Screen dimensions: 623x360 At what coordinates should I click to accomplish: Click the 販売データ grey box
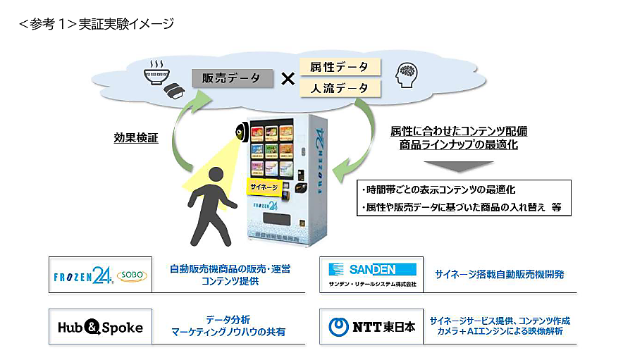[233, 78]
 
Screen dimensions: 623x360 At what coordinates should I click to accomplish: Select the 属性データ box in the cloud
[340, 67]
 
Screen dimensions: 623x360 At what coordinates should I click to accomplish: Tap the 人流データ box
[340, 88]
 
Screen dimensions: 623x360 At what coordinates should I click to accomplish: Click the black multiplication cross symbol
[288, 79]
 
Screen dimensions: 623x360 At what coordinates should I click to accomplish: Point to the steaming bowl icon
[156, 73]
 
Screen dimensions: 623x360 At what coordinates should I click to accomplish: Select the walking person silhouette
[211, 206]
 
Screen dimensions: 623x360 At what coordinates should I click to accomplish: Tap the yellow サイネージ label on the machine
[264, 187]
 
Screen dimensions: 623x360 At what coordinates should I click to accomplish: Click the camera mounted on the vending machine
[241, 132]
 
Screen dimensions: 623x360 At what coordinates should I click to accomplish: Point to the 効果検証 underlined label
[136, 138]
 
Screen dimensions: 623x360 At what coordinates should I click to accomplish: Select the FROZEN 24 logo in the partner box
[82, 275]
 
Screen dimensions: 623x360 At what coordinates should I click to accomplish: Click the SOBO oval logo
[132, 275]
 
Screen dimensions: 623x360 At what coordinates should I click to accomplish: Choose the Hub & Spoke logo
[100, 328]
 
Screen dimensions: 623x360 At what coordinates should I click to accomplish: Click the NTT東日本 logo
[372, 327]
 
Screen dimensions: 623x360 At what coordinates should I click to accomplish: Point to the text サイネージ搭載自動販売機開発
[500, 274]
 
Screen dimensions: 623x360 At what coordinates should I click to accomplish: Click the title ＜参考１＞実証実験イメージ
[97, 24]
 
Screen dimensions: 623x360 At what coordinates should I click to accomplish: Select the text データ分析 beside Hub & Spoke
[228, 320]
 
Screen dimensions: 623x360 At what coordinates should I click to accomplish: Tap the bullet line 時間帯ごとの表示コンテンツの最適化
[438, 190]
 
